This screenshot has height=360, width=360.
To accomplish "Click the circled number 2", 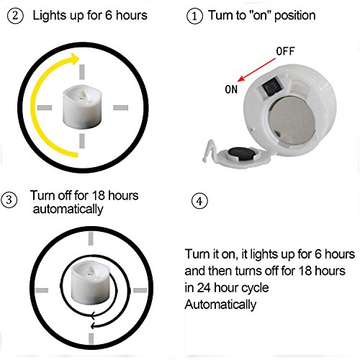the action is (15, 16).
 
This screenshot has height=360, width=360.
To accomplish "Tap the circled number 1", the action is (194, 16).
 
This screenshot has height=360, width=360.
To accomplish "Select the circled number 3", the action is (9, 199).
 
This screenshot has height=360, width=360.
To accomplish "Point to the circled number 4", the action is (199, 201).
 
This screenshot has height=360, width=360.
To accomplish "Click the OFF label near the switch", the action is (285, 51).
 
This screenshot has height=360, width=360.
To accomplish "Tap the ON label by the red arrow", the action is (231, 89).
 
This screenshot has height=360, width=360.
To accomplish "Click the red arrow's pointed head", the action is (240, 78).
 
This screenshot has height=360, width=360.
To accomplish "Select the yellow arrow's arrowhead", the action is (74, 58).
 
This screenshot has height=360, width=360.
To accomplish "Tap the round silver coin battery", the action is (292, 120).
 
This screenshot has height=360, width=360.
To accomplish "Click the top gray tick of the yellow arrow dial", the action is (82, 71).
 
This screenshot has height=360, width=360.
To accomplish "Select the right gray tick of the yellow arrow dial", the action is (120, 107).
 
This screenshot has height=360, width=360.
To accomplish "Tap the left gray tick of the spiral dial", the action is (42, 290).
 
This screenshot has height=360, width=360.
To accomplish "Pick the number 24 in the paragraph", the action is (204, 288).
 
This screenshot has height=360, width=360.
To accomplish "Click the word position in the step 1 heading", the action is (294, 16).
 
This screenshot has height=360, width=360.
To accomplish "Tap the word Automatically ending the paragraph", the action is (220, 305).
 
